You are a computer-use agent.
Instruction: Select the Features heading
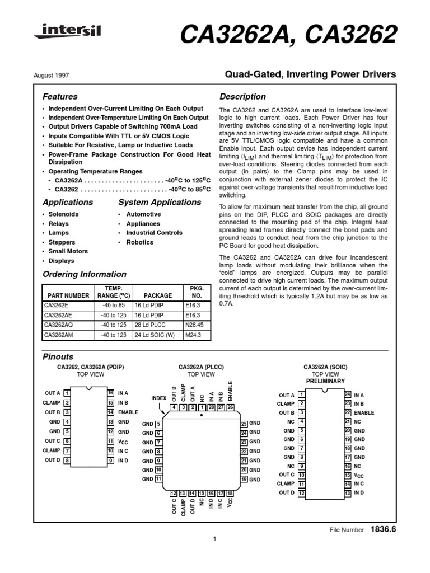60,97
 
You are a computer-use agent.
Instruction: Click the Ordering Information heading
85,275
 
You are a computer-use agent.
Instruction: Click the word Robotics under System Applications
139,242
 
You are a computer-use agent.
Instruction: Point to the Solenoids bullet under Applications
63,214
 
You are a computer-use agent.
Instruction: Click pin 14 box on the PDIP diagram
110,412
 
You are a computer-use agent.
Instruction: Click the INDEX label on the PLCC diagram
160,398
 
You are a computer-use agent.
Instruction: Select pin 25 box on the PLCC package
244,424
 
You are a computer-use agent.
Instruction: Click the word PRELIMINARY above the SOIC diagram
325,381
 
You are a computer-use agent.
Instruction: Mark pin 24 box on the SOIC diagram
348,395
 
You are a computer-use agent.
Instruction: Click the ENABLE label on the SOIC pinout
364,413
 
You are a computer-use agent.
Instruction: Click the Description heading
242,97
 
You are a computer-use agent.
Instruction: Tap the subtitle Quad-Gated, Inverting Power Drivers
310,74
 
